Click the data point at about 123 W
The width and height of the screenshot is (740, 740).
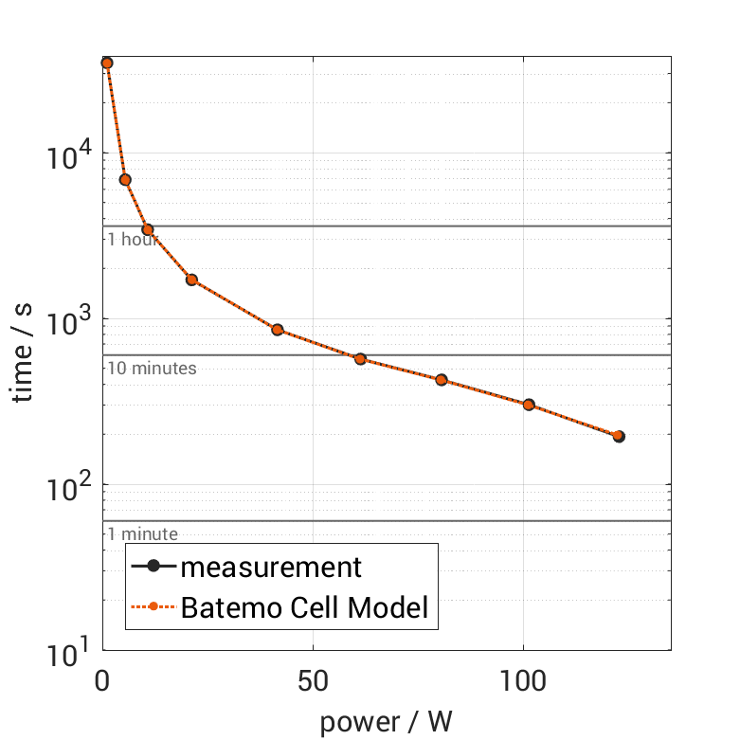pos(619,436)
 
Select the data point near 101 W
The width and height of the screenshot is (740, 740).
pos(529,405)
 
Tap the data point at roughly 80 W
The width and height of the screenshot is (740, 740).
pos(441,380)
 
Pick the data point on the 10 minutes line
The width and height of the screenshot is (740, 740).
pos(360,359)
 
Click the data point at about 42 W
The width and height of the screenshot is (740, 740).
pos(278,330)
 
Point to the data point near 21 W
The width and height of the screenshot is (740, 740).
pos(191,280)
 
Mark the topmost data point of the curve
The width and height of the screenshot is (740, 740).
pos(107,63)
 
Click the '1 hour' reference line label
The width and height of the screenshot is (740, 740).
pos(133,239)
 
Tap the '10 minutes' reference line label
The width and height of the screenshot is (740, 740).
pos(152,368)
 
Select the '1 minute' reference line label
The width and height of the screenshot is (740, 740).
pos(142,534)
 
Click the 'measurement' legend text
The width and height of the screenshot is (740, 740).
pos(271,568)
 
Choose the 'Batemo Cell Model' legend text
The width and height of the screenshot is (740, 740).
pos(304,607)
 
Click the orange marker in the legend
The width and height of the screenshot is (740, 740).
pos(153,607)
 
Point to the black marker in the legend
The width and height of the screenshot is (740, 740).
pos(153,568)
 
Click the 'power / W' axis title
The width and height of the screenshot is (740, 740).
pos(386,722)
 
